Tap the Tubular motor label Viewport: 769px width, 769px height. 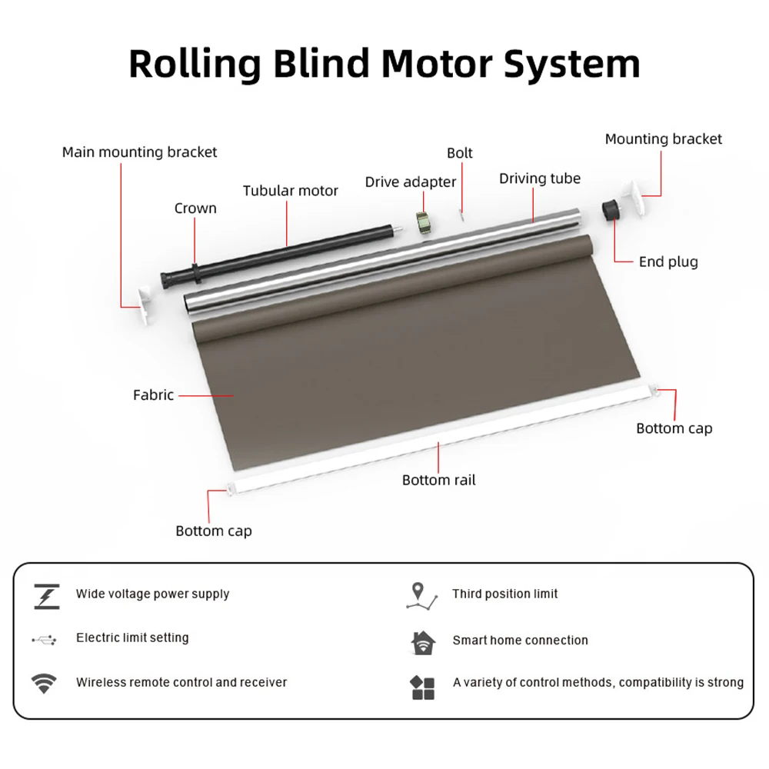[x=290, y=191]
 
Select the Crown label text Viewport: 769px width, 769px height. [x=195, y=208]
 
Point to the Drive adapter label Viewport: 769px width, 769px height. [x=410, y=182]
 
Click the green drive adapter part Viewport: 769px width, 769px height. [x=422, y=222]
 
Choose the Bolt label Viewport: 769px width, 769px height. [x=460, y=153]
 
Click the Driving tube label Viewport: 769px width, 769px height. [x=539, y=178]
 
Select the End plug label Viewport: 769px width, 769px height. [x=668, y=261]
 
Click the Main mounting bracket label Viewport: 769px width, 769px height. [x=139, y=152]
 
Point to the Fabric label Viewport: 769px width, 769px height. [x=153, y=395]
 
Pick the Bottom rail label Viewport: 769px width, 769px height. [x=438, y=480]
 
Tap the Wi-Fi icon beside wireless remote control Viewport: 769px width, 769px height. [x=43, y=683]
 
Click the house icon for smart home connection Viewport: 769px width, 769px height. [x=423, y=641]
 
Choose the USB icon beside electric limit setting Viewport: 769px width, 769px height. [x=44, y=639]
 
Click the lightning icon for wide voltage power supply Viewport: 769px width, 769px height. [x=46, y=596]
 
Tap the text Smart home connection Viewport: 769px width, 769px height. [x=520, y=640]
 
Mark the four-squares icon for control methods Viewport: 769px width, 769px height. [x=423, y=687]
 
